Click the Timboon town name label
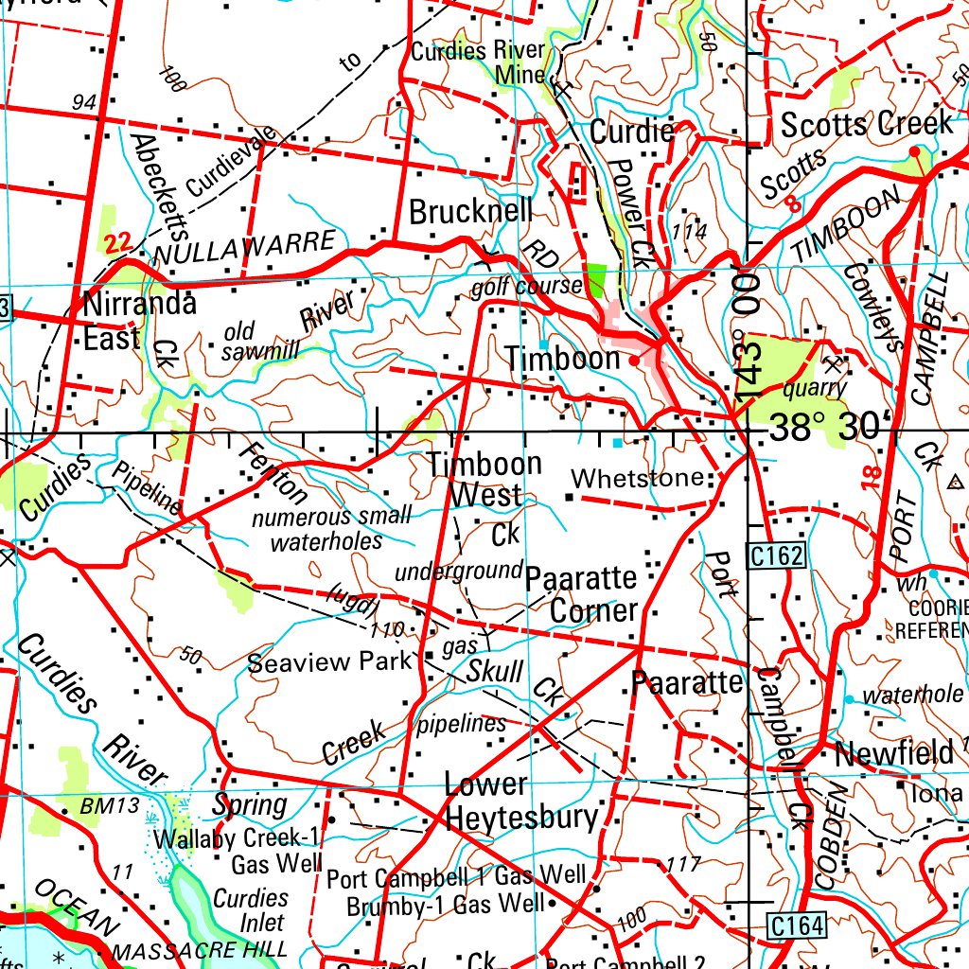[x=562, y=360]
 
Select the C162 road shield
[x=778, y=558]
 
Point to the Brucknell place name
[x=470, y=211]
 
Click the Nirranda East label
[x=140, y=321]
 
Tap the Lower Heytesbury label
[x=521, y=801]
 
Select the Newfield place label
[x=893, y=754]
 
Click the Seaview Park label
[x=329, y=661]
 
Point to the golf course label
[x=526, y=286]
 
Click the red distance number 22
[x=118, y=243]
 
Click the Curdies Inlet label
[x=251, y=909]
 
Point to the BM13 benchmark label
[x=110, y=806]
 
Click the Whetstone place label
[x=638, y=477]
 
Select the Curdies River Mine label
[x=478, y=62]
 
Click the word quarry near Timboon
[x=815, y=388]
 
